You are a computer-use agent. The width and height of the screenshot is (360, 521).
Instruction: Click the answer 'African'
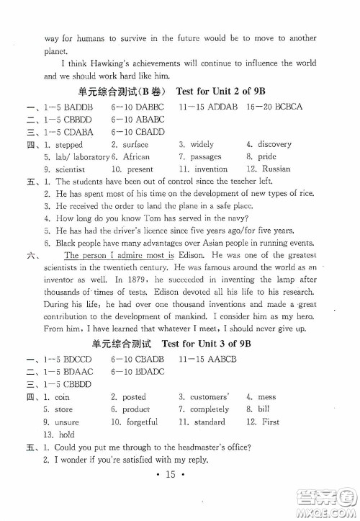click(x=136, y=156)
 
